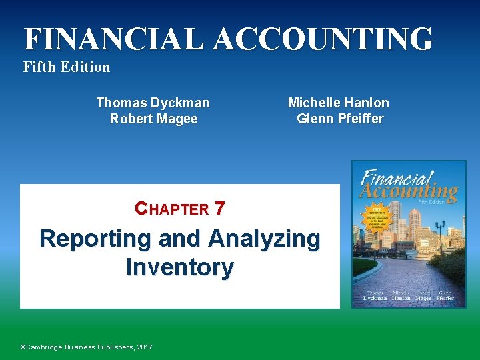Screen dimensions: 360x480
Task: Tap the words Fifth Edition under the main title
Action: pyautogui.click(x=67, y=67)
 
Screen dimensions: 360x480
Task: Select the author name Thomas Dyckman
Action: pyautogui.click(x=153, y=103)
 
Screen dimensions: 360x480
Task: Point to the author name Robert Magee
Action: pyautogui.click(x=153, y=119)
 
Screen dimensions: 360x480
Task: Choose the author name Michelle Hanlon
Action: pyautogui.click(x=338, y=103)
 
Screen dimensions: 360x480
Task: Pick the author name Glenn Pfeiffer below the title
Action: pyautogui.click(x=340, y=119)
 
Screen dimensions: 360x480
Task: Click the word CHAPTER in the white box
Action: pyautogui.click(x=172, y=209)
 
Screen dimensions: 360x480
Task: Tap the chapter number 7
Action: pyautogui.click(x=220, y=209)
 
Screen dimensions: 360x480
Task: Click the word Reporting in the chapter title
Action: pyautogui.click(x=98, y=239)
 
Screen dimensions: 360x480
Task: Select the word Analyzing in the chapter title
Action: pyautogui.click(x=264, y=239)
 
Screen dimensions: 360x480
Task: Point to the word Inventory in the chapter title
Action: pyautogui.click(x=180, y=267)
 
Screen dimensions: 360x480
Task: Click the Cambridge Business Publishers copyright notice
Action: pyautogui.click(x=87, y=347)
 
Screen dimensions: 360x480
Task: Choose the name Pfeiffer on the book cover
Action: pyautogui.click(x=445, y=299)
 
